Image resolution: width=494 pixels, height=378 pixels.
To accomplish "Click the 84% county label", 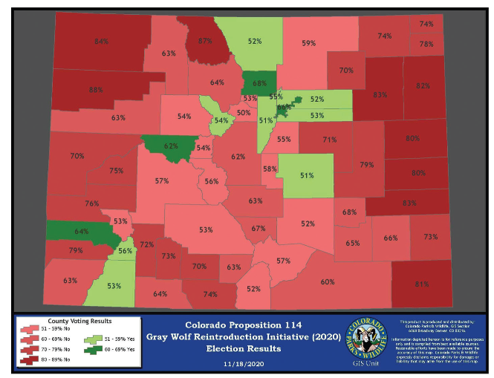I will pyautogui.click(x=102, y=41).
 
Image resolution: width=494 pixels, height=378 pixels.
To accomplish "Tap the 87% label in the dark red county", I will pyautogui.click(x=206, y=41).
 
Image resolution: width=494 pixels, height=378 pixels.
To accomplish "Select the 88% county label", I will pyautogui.click(x=96, y=90).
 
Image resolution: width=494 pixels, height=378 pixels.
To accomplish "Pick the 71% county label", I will pyautogui.click(x=330, y=140).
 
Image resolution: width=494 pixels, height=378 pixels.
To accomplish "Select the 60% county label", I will pyautogui.click(x=328, y=282).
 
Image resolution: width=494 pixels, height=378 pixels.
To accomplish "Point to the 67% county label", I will pyautogui.click(x=258, y=229).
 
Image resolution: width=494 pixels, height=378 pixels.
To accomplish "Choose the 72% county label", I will pyautogui.click(x=147, y=244).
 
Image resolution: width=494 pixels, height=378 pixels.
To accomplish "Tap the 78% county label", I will pyautogui.click(x=426, y=45).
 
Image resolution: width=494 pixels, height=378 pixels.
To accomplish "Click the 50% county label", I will pyautogui.click(x=244, y=113).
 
